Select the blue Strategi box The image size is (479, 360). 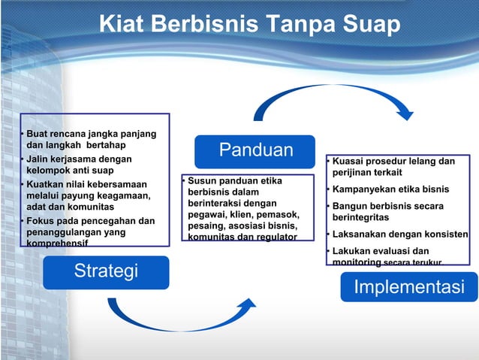tap(106, 271)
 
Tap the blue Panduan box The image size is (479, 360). tap(255, 150)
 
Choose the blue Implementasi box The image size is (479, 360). tap(408, 287)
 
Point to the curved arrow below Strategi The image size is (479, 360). tap(180, 316)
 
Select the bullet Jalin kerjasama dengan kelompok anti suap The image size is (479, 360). tap(79, 165)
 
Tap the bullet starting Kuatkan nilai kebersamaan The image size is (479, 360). tap(88, 195)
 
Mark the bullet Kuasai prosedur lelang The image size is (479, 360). tap(393, 167)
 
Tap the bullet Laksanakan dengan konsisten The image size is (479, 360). tap(400, 234)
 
